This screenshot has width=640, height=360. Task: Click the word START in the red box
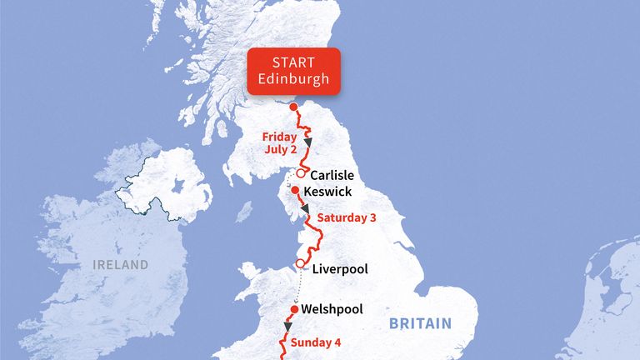[293, 63]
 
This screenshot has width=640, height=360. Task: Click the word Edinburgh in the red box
[293, 81]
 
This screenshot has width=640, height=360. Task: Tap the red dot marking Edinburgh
[292, 107]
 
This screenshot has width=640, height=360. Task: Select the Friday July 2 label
[280, 142]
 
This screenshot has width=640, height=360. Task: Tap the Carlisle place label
[332, 176]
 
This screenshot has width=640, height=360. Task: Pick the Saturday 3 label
[346, 218]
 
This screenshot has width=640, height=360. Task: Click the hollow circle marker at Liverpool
[300, 264]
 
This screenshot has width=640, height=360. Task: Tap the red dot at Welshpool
[293, 308]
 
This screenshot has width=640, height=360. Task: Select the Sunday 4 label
[316, 342]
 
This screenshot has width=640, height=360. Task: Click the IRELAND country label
[119, 265]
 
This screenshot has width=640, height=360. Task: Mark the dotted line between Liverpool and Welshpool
[297, 287]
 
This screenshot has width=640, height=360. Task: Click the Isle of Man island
[243, 211]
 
